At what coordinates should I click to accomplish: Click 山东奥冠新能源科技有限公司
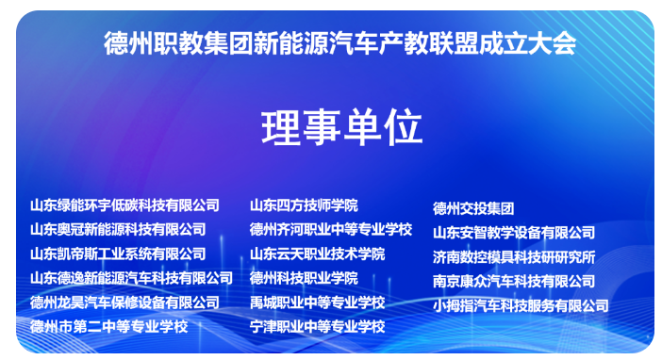[118, 229]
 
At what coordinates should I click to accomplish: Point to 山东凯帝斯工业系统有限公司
[118, 254]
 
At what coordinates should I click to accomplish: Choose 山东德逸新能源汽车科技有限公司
[131, 278]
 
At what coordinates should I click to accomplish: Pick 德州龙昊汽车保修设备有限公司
[124, 303]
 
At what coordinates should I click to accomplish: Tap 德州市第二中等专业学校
[109, 326]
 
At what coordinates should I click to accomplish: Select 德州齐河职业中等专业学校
[331, 229]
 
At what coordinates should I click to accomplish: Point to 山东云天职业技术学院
[318, 254]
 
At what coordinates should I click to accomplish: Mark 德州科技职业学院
[304, 278]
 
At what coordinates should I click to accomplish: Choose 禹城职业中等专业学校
[318, 303]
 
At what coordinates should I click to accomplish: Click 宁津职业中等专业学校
[318, 326]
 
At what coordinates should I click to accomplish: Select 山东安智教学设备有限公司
[514, 232]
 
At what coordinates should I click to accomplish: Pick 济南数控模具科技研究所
[514, 256]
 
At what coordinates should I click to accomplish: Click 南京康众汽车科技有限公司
[514, 281]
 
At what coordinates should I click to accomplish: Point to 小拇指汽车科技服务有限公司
[521, 305]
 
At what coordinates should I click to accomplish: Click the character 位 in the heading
[401, 128]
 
